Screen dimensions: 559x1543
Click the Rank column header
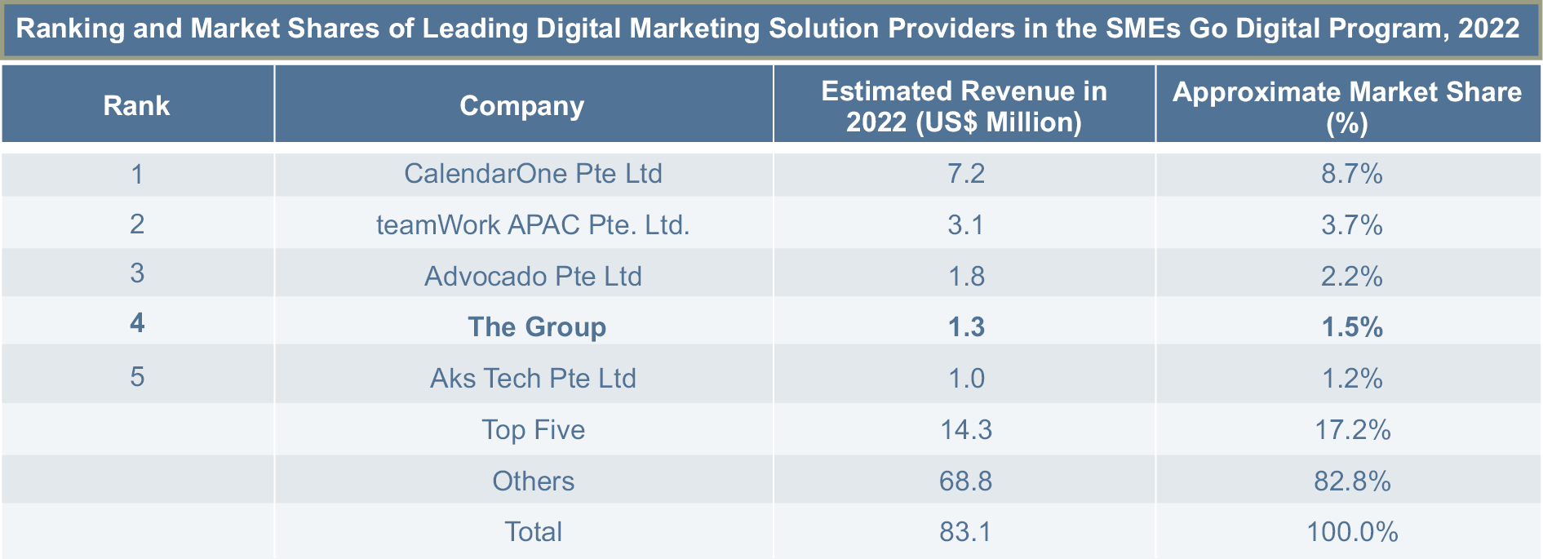[x=136, y=106]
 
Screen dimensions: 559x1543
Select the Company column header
[x=522, y=106]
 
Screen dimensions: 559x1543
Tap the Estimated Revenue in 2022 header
[x=964, y=106]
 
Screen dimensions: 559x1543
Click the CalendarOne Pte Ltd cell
[x=533, y=174]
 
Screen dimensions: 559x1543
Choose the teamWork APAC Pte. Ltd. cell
[x=533, y=224]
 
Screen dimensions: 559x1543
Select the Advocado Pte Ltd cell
[x=533, y=276]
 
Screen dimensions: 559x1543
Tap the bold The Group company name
[x=537, y=327]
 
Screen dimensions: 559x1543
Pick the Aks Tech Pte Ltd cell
[x=533, y=379]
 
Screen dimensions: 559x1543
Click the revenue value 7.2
[x=966, y=174]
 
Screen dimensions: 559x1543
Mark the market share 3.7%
[x=1352, y=224]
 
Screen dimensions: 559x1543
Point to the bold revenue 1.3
[x=966, y=327]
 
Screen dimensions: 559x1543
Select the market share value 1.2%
[x=1352, y=379]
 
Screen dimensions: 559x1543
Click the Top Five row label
[x=533, y=430]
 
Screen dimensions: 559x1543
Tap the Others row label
[x=533, y=481]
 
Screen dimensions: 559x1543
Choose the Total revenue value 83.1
[x=965, y=532]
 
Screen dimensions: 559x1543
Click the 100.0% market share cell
[x=1352, y=532]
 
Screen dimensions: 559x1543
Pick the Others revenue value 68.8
[x=965, y=481]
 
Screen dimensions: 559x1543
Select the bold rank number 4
[x=137, y=323]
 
